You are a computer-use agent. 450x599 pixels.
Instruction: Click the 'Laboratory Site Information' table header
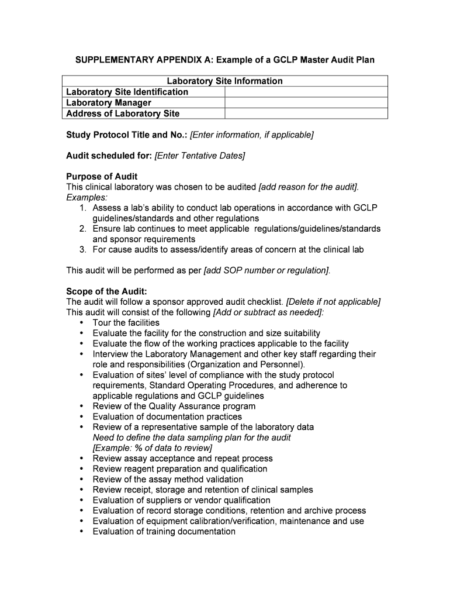point(224,81)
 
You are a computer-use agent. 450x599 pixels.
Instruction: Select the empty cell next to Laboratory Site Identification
point(306,92)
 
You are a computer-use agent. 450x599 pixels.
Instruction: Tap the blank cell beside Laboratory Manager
point(306,103)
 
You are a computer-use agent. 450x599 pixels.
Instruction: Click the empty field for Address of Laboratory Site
point(306,113)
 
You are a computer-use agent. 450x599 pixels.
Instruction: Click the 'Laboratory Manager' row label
point(109,103)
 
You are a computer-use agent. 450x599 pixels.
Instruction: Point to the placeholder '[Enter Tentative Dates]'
point(200,156)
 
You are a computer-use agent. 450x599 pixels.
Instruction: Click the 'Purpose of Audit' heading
point(102,177)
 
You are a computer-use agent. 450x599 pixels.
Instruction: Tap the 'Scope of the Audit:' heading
point(106,291)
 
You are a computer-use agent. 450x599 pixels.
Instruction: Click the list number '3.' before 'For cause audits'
point(84,250)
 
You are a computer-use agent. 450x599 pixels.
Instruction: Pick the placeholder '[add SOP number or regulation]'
point(266,270)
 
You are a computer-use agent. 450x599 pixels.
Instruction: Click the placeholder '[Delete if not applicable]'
point(333,302)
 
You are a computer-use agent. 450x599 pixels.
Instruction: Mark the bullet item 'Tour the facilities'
point(126,323)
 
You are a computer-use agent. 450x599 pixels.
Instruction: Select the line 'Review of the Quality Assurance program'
point(174,406)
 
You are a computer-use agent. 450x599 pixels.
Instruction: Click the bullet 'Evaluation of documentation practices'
point(167,416)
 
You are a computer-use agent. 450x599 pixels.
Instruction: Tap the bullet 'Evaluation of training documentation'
point(164,532)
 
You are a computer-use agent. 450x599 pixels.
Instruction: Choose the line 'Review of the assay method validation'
point(168,479)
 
